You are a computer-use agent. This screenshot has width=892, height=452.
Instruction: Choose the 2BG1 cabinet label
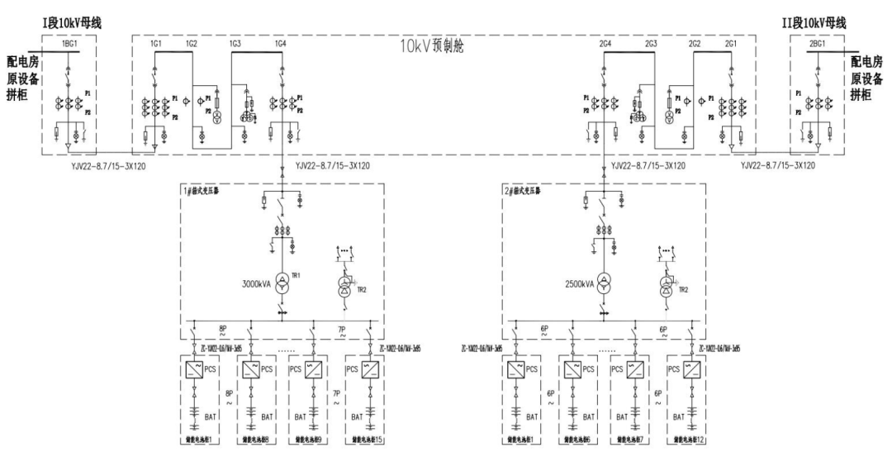point(819,42)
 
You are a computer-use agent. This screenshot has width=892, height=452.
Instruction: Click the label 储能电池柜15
point(366,440)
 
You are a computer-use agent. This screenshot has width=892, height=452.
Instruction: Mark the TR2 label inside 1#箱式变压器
point(359,289)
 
